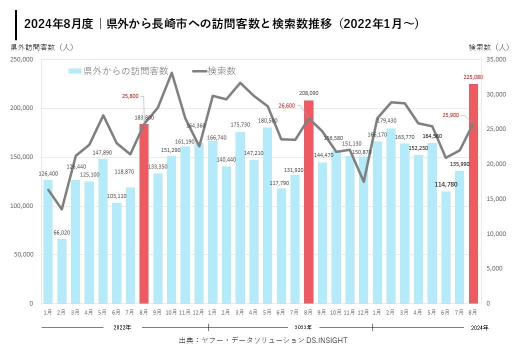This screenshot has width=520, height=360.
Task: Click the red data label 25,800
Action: point(129,95)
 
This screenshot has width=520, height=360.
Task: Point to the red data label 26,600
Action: point(286,105)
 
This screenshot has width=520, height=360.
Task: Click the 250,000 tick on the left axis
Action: point(21,59)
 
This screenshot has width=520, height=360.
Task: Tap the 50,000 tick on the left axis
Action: point(23,254)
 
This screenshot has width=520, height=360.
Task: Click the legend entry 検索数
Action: point(215,71)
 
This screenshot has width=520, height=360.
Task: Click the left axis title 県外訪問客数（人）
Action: point(42,47)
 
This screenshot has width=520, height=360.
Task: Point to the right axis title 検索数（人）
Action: point(488,47)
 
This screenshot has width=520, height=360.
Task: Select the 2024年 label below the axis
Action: point(480,327)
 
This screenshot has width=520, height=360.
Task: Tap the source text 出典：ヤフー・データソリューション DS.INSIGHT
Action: point(263,340)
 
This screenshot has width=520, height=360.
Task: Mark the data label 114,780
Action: point(446,184)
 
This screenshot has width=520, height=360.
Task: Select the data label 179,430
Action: point(391,120)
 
